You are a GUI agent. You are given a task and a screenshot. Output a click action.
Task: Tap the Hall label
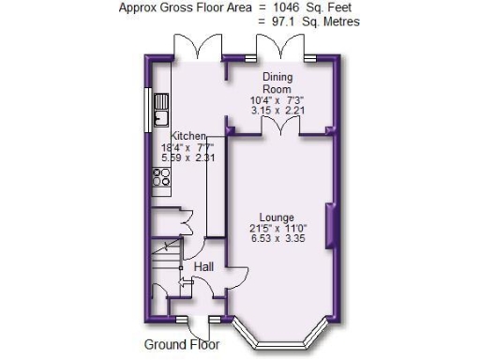click(x=202, y=267)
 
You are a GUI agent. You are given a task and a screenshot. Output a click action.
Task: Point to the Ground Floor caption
click(x=183, y=344)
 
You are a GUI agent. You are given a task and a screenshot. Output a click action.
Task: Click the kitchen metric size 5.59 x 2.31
click(x=187, y=157)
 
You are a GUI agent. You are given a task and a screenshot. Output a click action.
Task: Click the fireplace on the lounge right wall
click(x=329, y=226)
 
